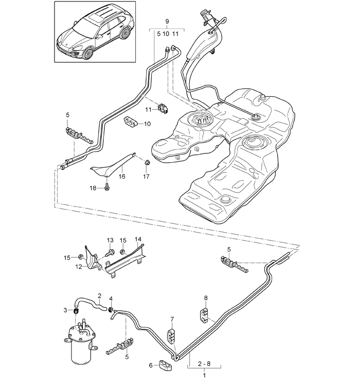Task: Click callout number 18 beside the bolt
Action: coord(93,188)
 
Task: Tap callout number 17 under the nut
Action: coord(146,177)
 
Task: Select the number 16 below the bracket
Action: coord(122,177)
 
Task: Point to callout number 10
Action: coord(147,124)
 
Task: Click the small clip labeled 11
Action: coord(163,108)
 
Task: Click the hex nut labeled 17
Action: coord(147,162)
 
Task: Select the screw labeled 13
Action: coord(110,252)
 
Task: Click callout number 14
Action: coord(138,239)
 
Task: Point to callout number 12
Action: coord(79,267)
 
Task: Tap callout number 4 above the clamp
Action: coord(111,299)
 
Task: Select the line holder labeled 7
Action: coord(171,335)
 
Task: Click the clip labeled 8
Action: coord(203,315)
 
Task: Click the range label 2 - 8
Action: coord(204,363)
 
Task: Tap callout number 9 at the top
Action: coord(167,21)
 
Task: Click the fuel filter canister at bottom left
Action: coord(80,342)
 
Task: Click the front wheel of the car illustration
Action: coord(88,53)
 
